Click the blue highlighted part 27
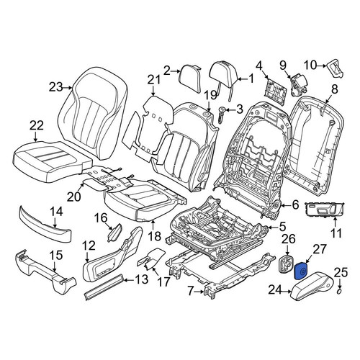(301, 271)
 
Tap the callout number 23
(57, 87)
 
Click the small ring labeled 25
(340, 292)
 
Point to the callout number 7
(190, 291)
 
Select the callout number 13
(141, 280)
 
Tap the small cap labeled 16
(114, 232)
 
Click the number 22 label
(37, 125)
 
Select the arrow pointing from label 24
(287, 292)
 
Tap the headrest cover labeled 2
(191, 78)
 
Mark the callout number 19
(210, 95)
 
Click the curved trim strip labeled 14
(45, 225)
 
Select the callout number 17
(163, 282)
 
